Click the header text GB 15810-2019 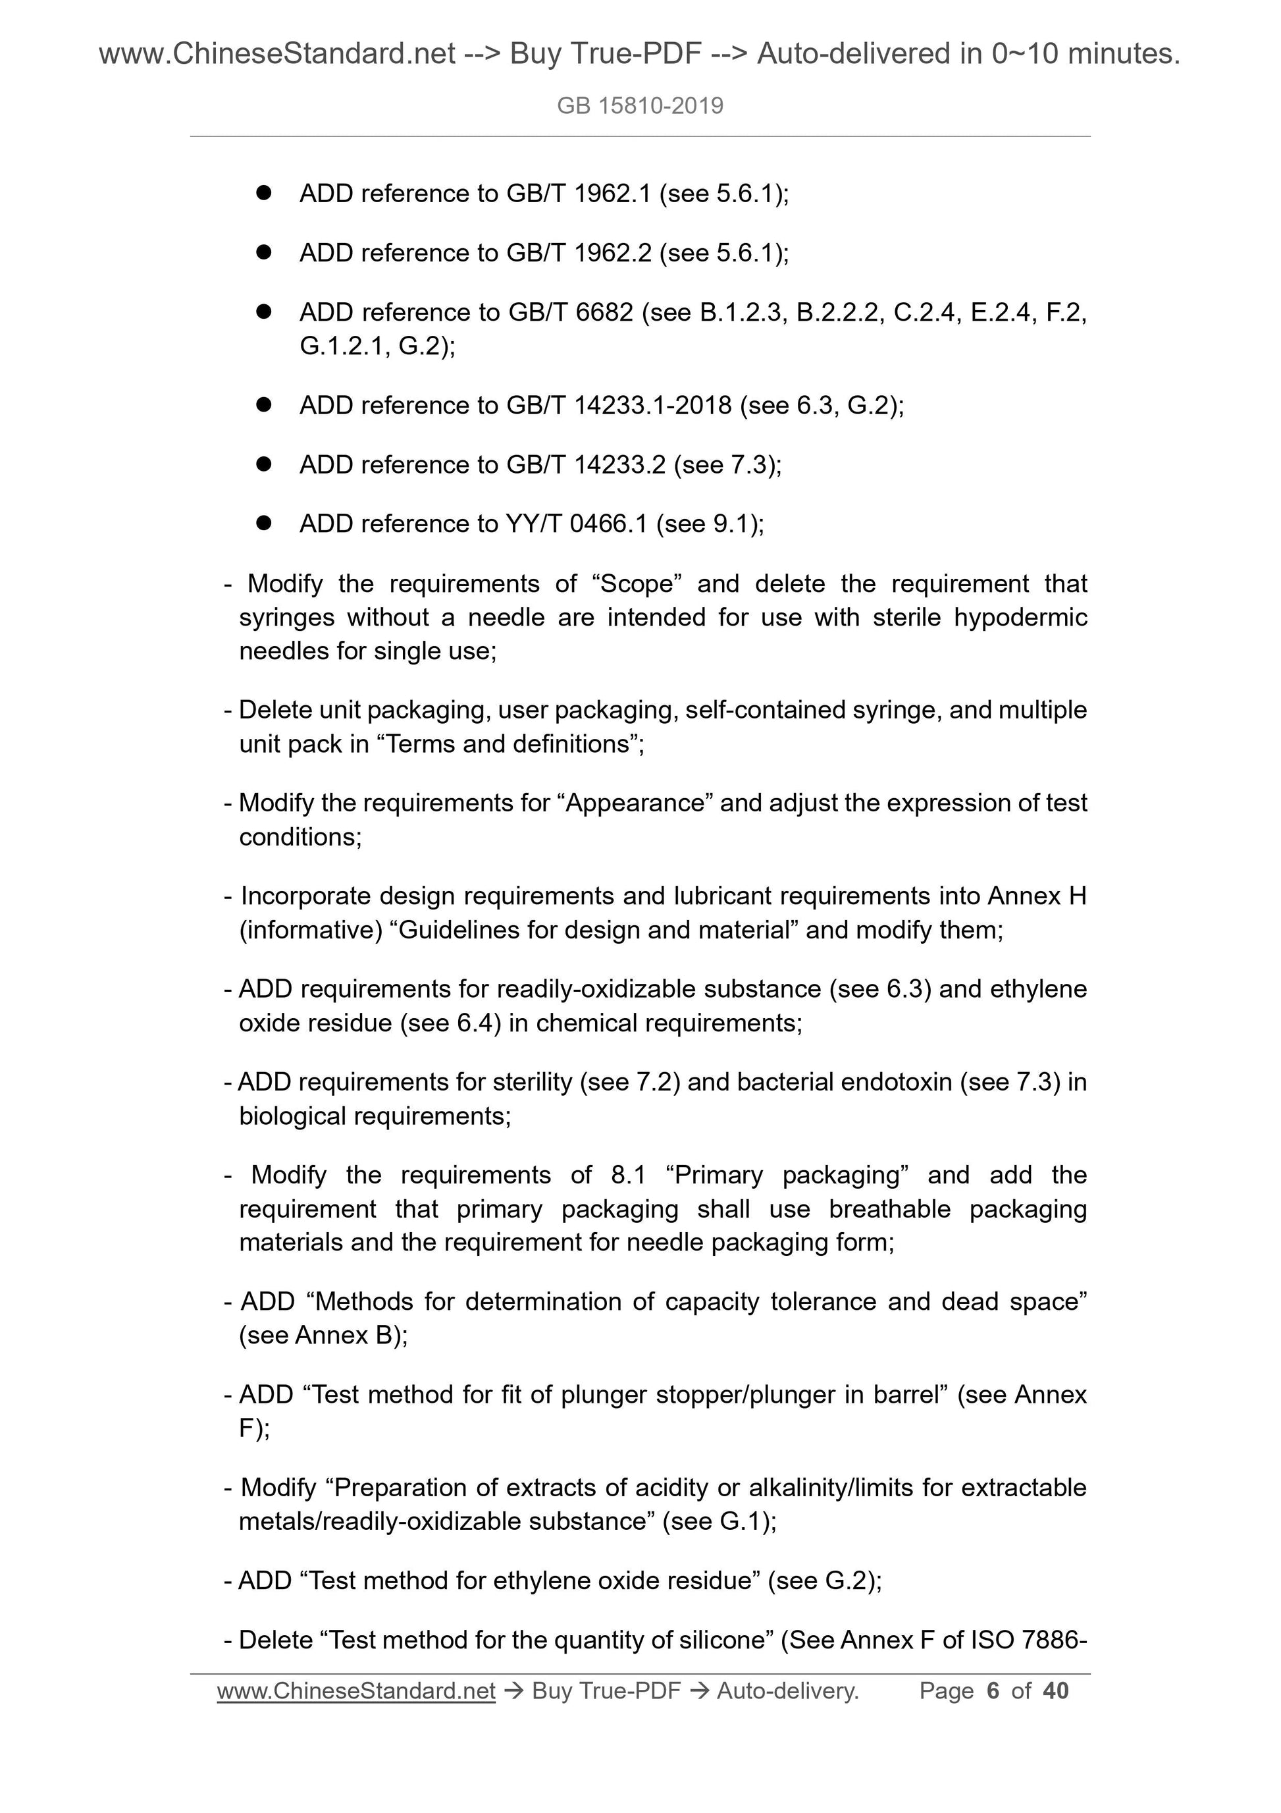pos(639,106)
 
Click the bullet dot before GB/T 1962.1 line pos(263,193)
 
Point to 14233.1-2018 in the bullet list pos(653,405)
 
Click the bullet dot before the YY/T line pos(263,523)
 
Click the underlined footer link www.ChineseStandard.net pos(356,1691)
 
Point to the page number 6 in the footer pos(993,1691)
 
